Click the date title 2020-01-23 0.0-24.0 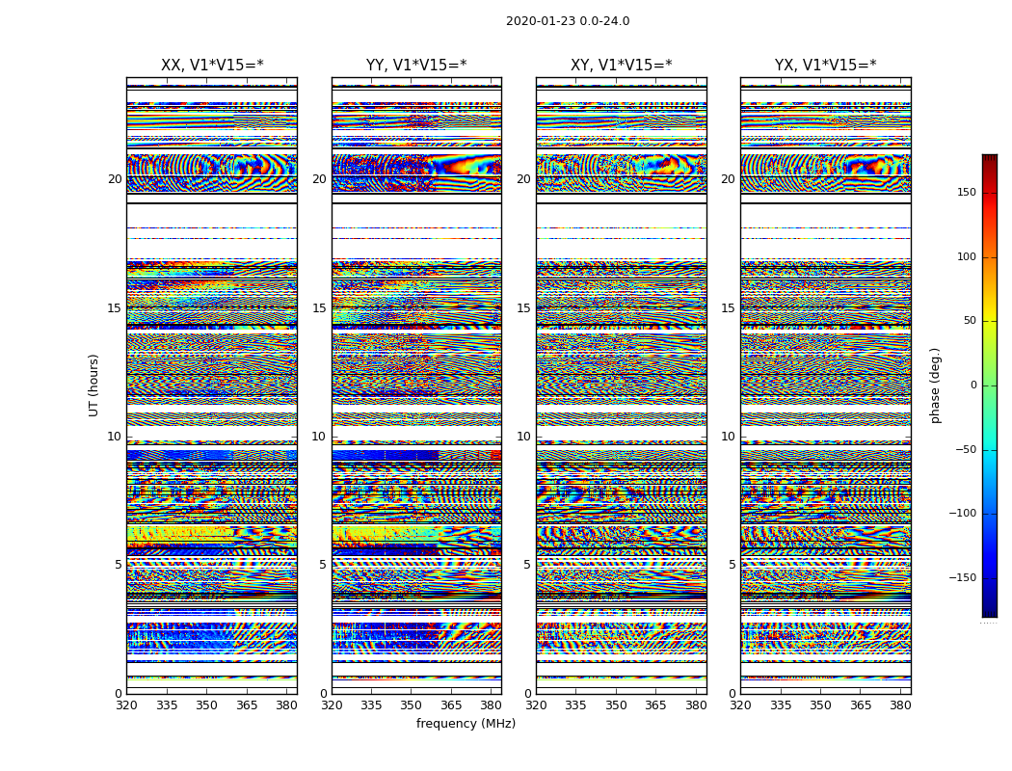click(x=568, y=21)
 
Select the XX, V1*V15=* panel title click(x=212, y=66)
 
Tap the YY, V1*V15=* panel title click(x=416, y=66)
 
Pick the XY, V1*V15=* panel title click(x=621, y=66)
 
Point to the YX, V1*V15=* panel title click(x=825, y=66)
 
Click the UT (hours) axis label click(x=93, y=385)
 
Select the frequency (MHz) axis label click(x=466, y=724)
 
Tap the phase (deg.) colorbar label click(x=935, y=385)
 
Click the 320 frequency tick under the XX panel click(x=126, y=705)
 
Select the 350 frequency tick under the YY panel click(x=412, y=705)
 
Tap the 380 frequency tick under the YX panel click(x=900, y=705)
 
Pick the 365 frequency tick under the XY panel click(x=655, y=705)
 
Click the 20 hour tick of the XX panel click(x=115, y=179)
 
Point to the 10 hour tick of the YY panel click(x=319, y=437)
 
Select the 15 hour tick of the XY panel click(x=523, y=308)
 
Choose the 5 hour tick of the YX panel click(x=732, y=565)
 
